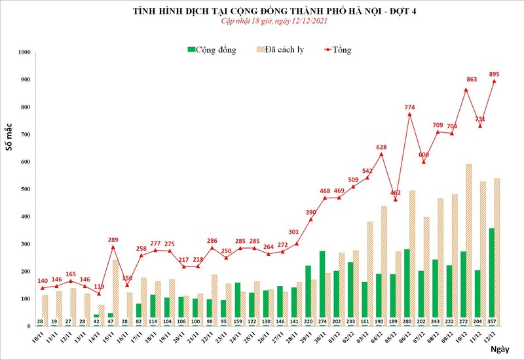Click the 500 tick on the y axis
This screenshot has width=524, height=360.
click(25, 189)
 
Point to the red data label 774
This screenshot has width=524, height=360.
click(409, 107)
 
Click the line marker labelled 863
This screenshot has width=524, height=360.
click(466, 90)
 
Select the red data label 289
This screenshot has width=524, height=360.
click(113, 239)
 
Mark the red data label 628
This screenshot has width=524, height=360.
click(381, 147)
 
